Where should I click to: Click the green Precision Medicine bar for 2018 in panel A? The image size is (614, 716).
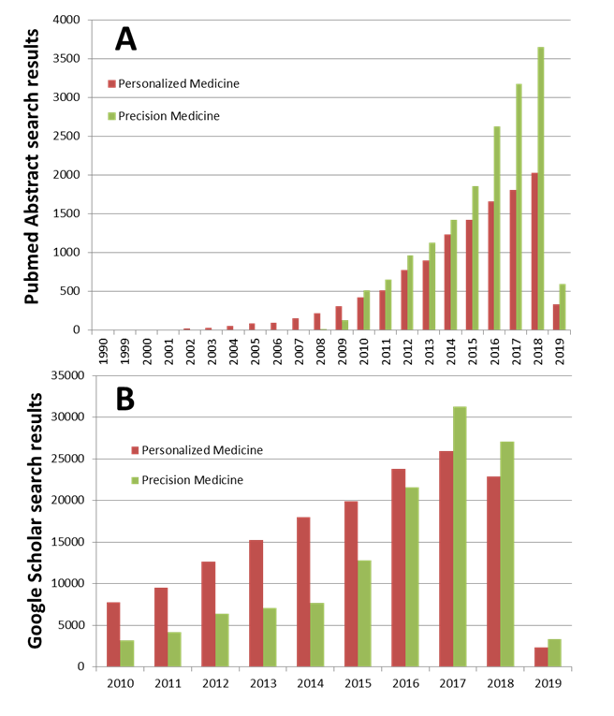[540, 188]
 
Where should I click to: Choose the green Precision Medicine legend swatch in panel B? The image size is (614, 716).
[134, 480]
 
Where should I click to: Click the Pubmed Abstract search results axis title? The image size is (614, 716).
[32, 167]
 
